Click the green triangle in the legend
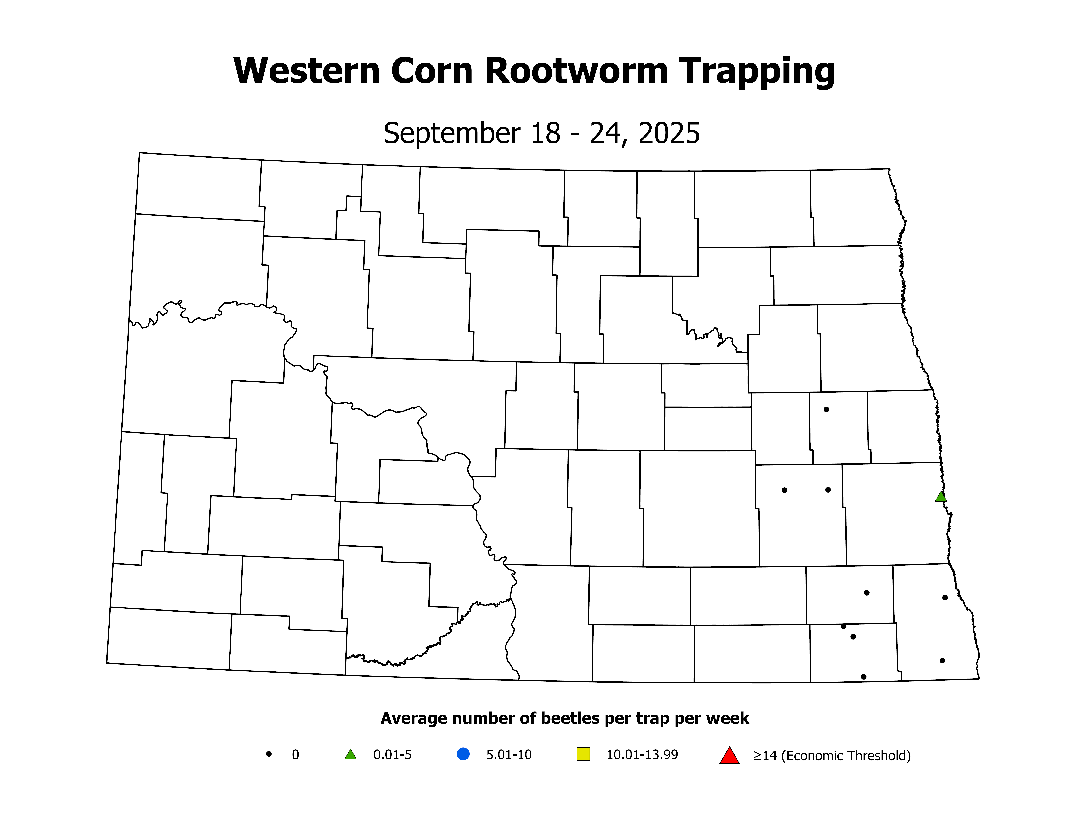pyautogui.click(x=351, y=755)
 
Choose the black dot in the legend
pyautogui.click(x=269, y=754)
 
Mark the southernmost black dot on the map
pyautogui.click(x=863, y=677)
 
